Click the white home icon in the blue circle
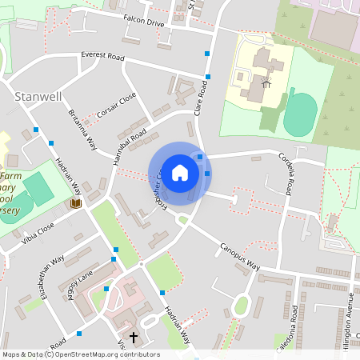(x=180, y=172)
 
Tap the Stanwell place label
(x=38, y=96)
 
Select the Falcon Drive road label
(x=143, y=23)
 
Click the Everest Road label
(x=105, y=57)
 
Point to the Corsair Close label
(x=118, y=104)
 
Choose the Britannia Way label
(x=82, y=130)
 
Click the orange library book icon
(x=76, y=204)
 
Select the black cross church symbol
(x=133, y=338)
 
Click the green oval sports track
(x=301, y=114)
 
